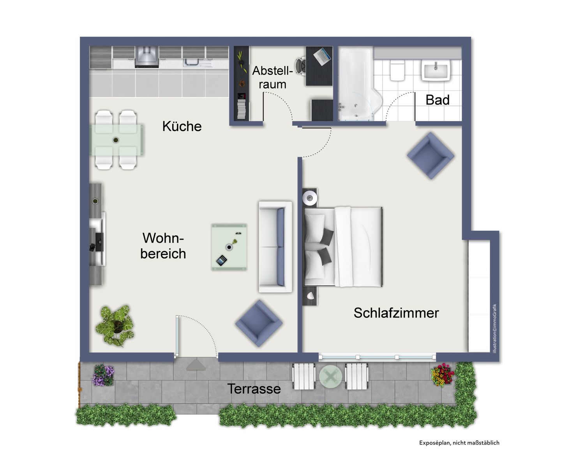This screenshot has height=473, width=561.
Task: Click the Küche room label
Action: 182,126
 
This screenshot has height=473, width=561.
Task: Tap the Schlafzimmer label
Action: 396,313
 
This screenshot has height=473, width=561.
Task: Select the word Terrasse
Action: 254,388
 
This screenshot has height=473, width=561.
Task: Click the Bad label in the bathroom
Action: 437,100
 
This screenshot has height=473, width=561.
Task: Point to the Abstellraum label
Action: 272,78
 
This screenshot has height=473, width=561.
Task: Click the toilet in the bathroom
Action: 397,70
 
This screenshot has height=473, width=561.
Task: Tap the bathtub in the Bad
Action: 355,84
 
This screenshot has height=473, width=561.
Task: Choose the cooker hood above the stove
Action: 146,57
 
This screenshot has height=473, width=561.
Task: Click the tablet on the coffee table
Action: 221,261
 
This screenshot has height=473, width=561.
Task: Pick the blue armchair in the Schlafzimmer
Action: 430,155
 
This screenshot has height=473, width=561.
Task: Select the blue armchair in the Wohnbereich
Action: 258,323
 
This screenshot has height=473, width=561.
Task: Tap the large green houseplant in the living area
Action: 115,325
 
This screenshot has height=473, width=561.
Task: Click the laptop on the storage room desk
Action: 322,57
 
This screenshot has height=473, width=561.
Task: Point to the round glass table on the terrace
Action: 330,376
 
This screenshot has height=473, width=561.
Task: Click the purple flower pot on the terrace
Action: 103,375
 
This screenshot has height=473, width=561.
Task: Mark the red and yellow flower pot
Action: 442,375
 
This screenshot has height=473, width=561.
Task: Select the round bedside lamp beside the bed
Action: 310,198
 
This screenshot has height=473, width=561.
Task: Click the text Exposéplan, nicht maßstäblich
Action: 459,443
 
